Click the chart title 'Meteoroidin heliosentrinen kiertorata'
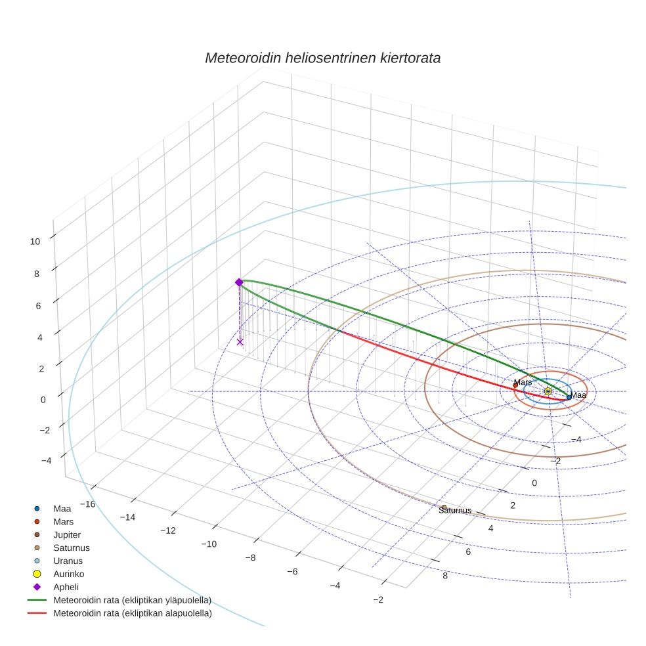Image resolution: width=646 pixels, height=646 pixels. [322, 58]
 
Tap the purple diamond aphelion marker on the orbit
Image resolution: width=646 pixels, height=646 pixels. [239, 282]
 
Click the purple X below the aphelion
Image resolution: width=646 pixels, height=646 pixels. [240, 341]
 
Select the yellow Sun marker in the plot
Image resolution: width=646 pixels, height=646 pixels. [548, 391]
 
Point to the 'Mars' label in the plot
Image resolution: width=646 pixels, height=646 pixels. [523, 382]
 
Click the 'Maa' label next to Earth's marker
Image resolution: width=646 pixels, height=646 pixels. [578, 395]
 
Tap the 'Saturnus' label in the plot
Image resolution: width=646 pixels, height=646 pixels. [455, 510]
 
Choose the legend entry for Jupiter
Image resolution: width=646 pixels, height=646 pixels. [67, 534]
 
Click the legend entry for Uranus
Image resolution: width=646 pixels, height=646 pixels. [68, 561]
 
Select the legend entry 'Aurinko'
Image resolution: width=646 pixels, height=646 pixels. [68, 574]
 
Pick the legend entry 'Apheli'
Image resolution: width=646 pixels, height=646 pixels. [66, 587]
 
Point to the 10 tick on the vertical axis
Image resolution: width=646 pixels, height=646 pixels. [35, 241]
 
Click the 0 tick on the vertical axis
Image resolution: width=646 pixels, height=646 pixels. [44, 399]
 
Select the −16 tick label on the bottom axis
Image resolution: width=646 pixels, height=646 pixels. [87, 504]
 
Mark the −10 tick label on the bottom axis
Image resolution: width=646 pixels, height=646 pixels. [209, 544]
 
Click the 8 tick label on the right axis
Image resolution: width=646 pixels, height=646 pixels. [445, 576]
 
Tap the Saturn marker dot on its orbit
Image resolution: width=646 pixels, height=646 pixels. [444, 507]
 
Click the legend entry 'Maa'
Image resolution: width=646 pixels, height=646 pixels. [62, 508]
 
